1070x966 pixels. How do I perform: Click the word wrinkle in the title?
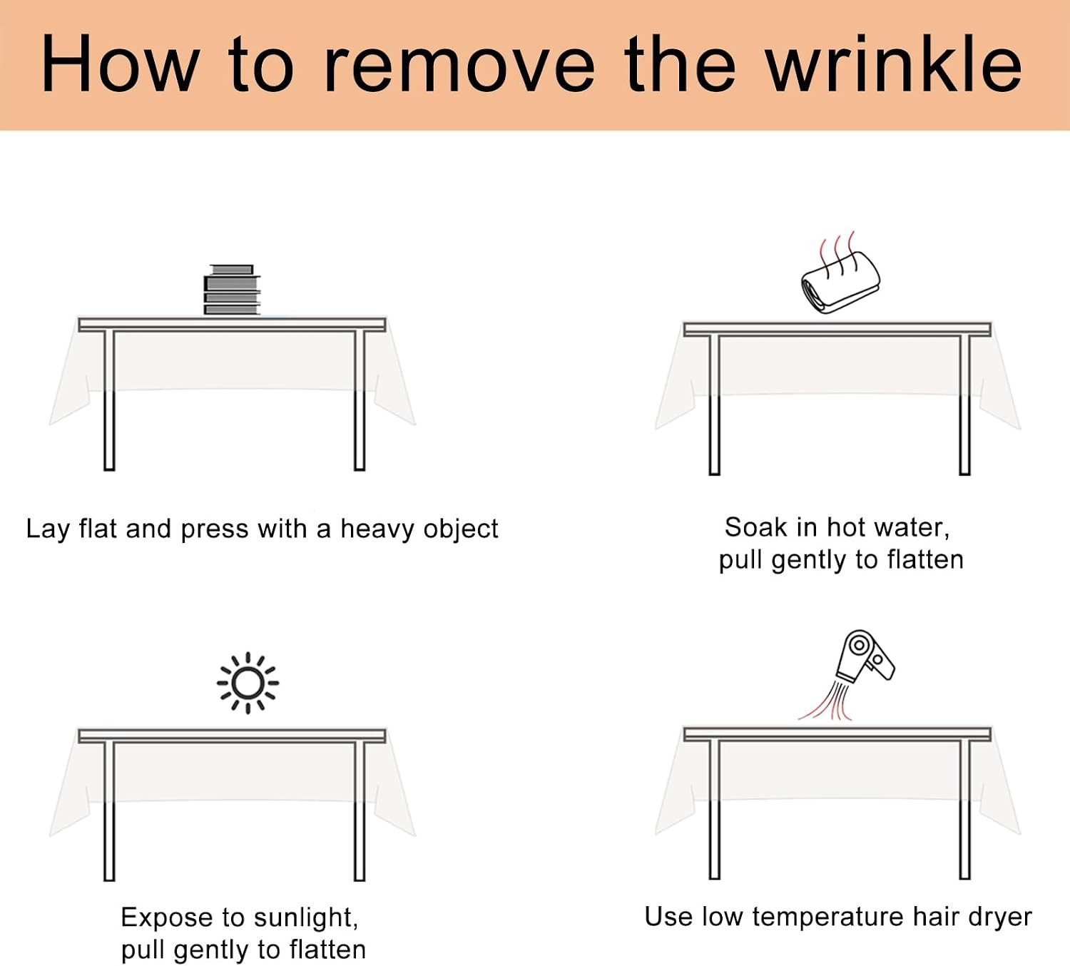pyautogui.click(x=894, y=63)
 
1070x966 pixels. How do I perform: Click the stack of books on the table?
pyautogui.click(x=232, y=290)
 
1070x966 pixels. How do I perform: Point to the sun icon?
pyautogui.click(x=248, y=683)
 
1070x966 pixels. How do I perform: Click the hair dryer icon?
pyautogui.click(x=864, y=657)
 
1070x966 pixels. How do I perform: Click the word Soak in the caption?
pyautogui.click(x=756, y=527)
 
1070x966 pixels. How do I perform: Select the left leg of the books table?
pyautogui.click(x=109, y=400)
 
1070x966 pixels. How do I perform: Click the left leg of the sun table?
pyautogui.click(x=109, y=811)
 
